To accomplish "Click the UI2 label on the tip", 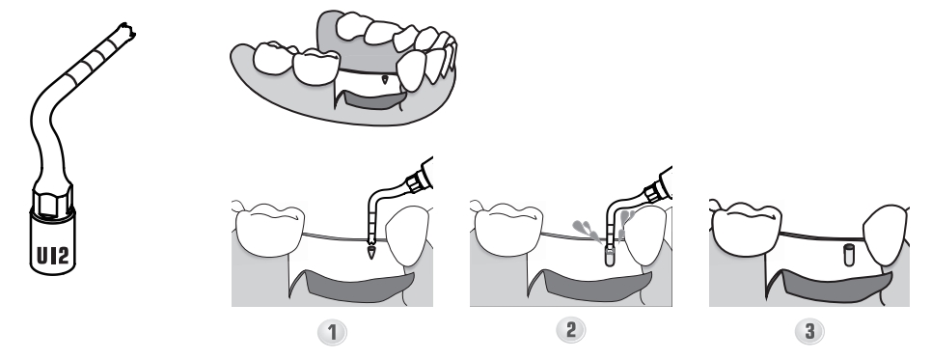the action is (53, 256).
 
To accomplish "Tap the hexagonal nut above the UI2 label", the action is (53, 202).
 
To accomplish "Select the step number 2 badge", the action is (570, 330).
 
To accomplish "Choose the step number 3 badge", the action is (809, 331).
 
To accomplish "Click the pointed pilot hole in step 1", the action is (371, 252).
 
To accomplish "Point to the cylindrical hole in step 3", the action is (849, 255).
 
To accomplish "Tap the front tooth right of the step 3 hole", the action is (886, 235).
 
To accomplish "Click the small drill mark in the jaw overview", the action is (385, 78).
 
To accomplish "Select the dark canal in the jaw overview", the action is (374, 99).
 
